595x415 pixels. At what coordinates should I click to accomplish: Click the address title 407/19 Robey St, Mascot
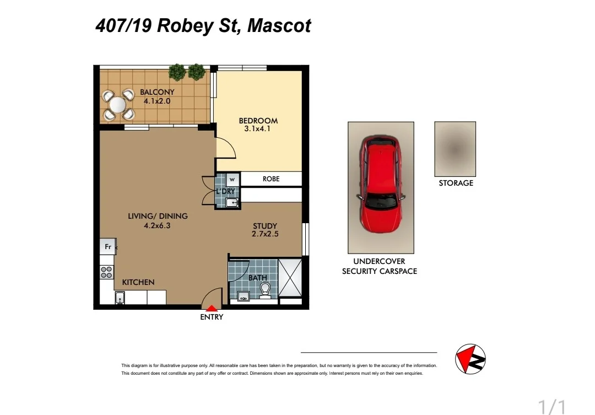point(203,26)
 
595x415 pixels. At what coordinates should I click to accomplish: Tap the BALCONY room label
point(157,92)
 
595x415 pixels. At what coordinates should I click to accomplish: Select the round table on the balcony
point(118,104)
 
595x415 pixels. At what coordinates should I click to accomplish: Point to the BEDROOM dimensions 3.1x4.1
point(258,130)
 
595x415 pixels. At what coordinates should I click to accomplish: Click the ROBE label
point(271,179)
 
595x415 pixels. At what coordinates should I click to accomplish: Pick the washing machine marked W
point(232,179)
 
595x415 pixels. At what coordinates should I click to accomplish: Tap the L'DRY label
point(225,191)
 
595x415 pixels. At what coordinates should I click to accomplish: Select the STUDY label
point(265,226)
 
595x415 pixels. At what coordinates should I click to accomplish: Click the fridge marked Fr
point(107,247)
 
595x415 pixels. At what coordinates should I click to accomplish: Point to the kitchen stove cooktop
point(107,271)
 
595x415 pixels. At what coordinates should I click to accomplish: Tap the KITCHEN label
point(138,282)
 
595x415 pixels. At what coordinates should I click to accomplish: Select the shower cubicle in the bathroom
point(290,277)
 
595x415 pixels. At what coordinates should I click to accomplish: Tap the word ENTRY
point(212,317)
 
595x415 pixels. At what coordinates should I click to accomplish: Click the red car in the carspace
point(380,185)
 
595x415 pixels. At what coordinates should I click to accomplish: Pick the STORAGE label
point(456,183)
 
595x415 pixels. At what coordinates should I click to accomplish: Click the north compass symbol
point(470,359)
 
